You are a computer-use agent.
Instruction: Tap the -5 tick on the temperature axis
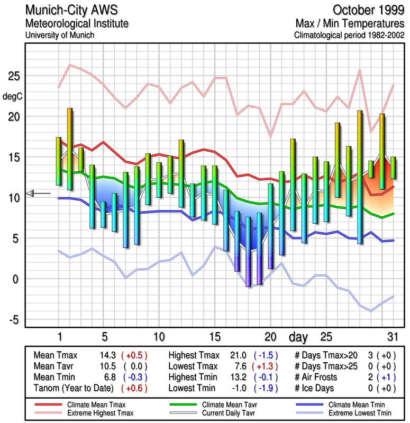click(x=13, y=319)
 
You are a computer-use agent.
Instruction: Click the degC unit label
click(x=12, y=97)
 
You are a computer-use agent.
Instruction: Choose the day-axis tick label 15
click(x=215, y=337)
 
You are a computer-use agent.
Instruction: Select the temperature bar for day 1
click(x=59, y=161)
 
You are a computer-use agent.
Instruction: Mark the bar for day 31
click(x=393, y=168)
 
